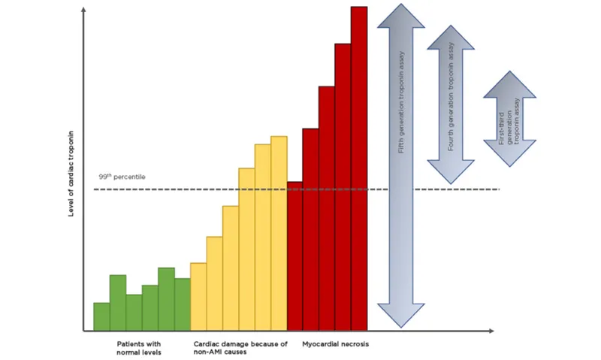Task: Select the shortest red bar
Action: [x=294, y=256]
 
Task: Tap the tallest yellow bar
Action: [x=279, y=233]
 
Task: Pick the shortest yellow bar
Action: [x=198, y=296]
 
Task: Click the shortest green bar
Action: [x=101, y=316]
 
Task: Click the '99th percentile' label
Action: [x=122, y=177]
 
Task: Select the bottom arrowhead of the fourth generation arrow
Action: [x=450, y=173]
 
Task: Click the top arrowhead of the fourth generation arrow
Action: [x=450, y=38]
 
